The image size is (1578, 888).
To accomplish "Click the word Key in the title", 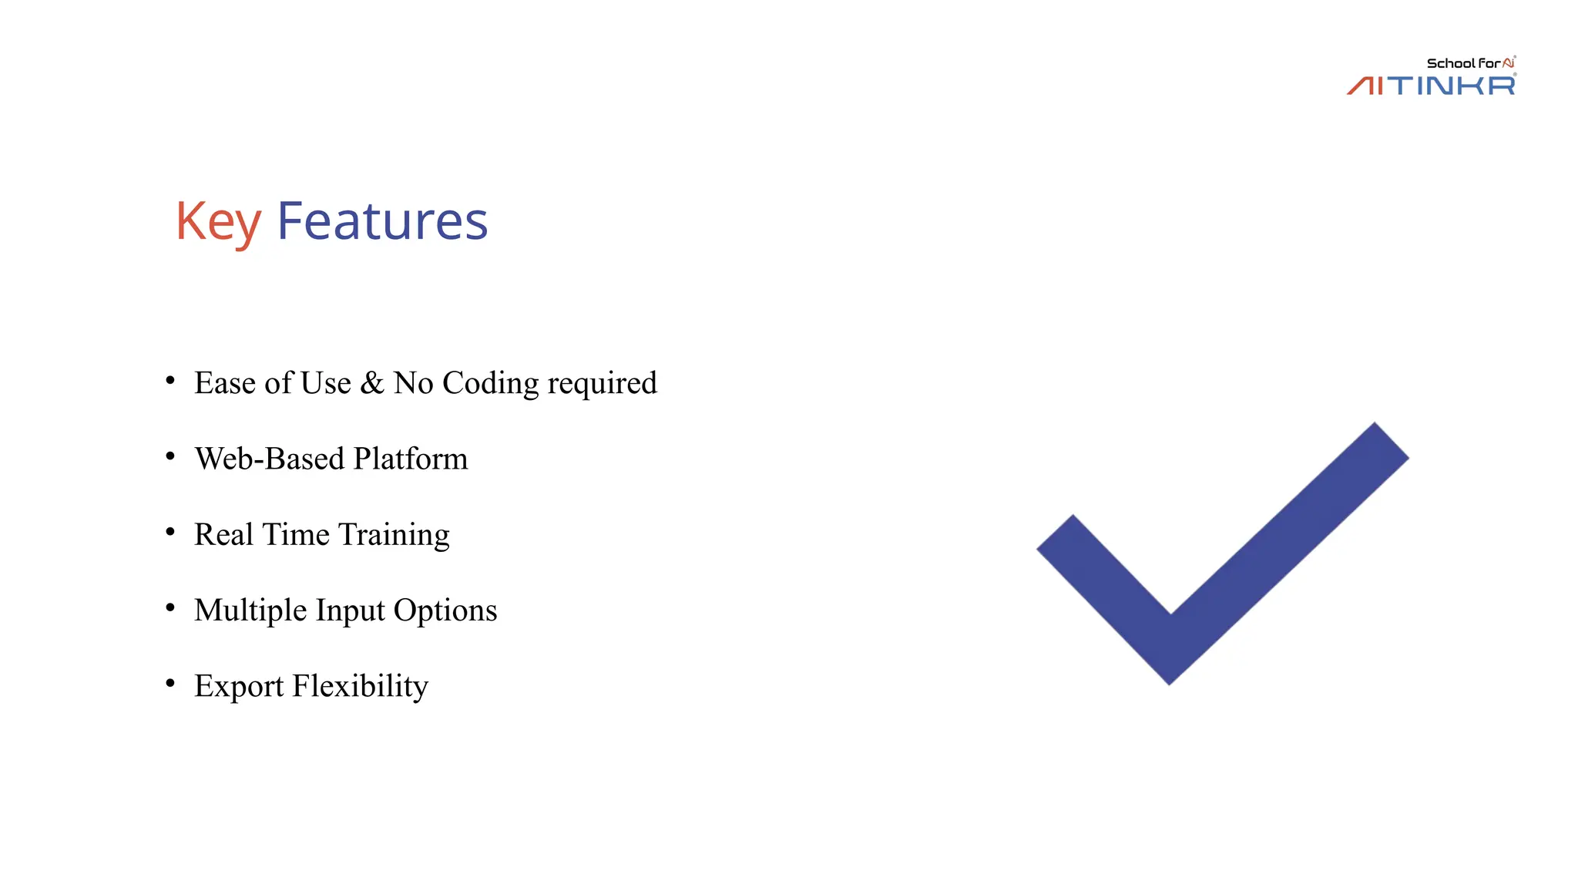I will pyautogui.click(x=218, y=222).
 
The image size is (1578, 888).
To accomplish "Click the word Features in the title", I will pyautogui.click(x=382, y=221).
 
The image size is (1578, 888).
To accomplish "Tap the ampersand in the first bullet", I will pyautogui.click(x=372, y=383).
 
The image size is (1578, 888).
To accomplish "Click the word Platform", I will pyautogui.click(x=411, y=459).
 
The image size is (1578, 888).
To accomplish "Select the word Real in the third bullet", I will pyautogui.click(x=223, y=534).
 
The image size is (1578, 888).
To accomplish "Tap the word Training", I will pyautogui.click(x=394, y=535).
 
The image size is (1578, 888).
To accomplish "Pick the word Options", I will pyautogui.click(x=445, y=610).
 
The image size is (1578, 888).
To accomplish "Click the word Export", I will pyautogui.click(x=239, y=686).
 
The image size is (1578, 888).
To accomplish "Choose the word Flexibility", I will pyautogui.click(x=360, y=686).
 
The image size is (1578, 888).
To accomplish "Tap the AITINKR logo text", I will pyautogui.click(x=1432, y=85).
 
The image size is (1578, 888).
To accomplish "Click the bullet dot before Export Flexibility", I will pyautogui.click(x=170, y=683).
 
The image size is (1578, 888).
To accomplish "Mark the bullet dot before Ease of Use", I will pyautogui.click(x=170, y=380).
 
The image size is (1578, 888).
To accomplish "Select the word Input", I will pyautogui.click(x=351, y=610).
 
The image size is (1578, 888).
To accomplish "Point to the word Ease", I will pyautogui.click(x=224, y=383).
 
